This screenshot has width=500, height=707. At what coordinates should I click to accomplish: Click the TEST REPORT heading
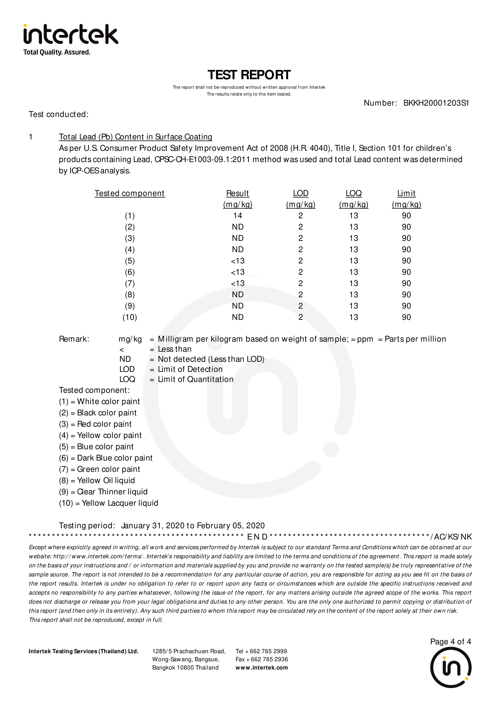pos(249,75)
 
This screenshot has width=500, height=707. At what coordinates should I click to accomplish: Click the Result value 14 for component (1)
pos(238,216)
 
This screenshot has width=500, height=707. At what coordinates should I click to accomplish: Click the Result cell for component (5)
pos(238,261)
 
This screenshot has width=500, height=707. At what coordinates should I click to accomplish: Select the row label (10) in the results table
pos(130,317)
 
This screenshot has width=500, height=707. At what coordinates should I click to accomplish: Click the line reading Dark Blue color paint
pos(115,458)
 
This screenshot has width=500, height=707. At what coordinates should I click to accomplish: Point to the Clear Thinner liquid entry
pos(112,492)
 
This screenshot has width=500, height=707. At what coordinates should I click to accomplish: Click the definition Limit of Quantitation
pos(196,379)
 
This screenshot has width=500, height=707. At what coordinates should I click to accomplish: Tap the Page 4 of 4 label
pos(450,641)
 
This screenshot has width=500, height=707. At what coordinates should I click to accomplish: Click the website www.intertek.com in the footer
pos(262,667)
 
